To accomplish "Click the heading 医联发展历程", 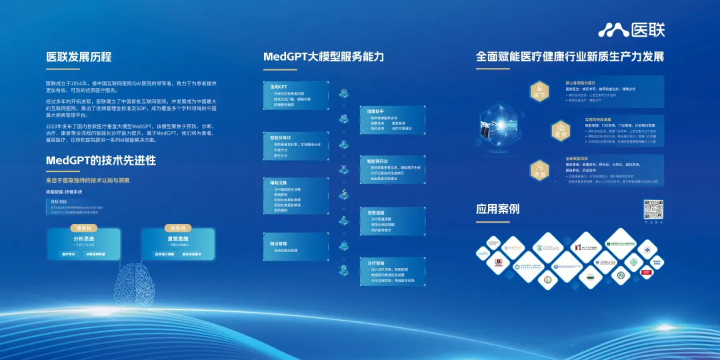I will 79,57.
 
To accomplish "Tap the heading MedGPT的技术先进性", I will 101,161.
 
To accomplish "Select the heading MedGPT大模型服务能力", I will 323,57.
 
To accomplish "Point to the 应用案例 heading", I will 497,209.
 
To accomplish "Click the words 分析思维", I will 83,238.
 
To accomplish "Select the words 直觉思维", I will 177,238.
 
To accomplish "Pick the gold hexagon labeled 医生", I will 539,93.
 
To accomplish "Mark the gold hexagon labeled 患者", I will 539,171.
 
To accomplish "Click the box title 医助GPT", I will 279,87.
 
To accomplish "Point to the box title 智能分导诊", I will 281,138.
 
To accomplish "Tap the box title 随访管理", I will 279,243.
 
